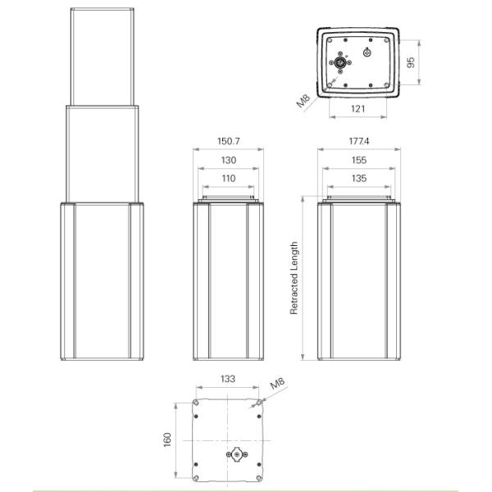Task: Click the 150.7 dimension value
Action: pos(228,141)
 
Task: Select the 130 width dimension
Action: pos(228,160)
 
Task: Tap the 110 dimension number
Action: pos(228,178)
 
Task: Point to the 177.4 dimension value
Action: pos(358,141)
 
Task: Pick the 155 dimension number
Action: pos(358,160)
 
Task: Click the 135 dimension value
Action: pos(358,178)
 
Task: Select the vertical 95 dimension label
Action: pos(412,62)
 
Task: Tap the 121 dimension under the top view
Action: pos(358,108)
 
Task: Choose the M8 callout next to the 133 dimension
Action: pos(276,385)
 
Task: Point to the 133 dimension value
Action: pos(228,380)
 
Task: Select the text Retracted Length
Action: pos(294,278)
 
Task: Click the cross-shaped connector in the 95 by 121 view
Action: pos(340,63)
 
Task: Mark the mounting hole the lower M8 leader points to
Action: pos(260,403)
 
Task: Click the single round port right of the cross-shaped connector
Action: pos(367,53)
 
